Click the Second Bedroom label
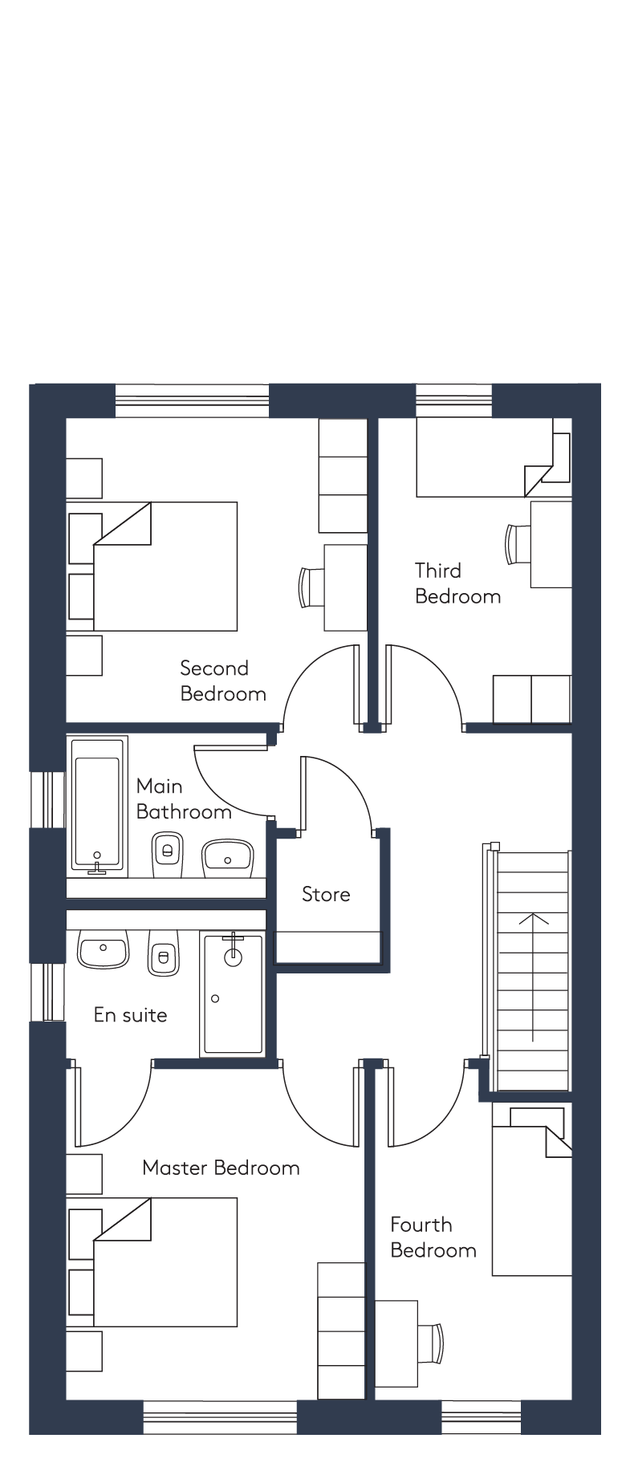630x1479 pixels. [x=223, y=681]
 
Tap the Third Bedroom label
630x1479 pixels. [x=457, y=583]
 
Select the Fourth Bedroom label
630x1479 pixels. [x=433, y=1237]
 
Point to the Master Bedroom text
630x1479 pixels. [x=221, y=1168]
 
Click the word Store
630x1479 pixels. [x=326, y=894]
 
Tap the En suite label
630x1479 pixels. [x=130, y=1015]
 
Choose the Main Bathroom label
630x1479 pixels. [x=184, y=798]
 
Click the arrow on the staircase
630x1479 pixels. [x=533, y=977]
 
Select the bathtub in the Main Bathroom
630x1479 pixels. [x=99, y=805]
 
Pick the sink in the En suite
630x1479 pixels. [x=103, y=949]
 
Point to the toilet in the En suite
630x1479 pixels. [x=164, y=953]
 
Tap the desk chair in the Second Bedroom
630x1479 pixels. [x=311, y=587]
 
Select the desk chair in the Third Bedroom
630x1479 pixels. [x=518, y=543]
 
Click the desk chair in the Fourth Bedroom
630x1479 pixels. [x=431, y=1343]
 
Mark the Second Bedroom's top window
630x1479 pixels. [x=193, y=400]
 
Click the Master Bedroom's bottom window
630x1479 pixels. [x=220, y=1417]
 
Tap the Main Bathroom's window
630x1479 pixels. [x=47, y=799]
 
